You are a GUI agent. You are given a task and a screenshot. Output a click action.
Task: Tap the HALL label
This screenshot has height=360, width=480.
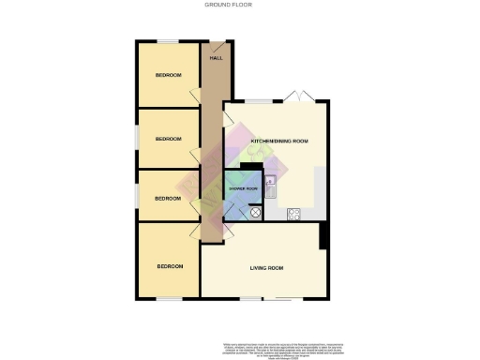click(216, 58)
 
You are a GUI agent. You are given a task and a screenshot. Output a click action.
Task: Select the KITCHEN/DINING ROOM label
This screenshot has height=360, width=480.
click(279, 141)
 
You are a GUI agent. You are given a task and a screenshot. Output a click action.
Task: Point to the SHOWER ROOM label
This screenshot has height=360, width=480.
click(243, 189)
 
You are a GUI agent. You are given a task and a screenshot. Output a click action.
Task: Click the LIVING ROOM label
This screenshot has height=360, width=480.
click(266, 268)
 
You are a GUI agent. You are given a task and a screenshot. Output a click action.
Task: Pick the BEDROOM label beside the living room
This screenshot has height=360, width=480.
click(169, 266)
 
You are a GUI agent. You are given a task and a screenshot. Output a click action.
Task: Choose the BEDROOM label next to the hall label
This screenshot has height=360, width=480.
click(169, 74)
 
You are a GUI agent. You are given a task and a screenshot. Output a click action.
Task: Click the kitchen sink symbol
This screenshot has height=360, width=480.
click(270, 184)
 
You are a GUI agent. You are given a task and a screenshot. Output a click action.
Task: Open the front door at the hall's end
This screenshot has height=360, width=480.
click(218, 42)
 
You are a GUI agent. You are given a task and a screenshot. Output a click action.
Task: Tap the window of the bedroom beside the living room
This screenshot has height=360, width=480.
click(169, 299)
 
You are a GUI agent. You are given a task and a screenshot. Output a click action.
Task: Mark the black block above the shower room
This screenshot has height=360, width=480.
click(248, 167)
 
